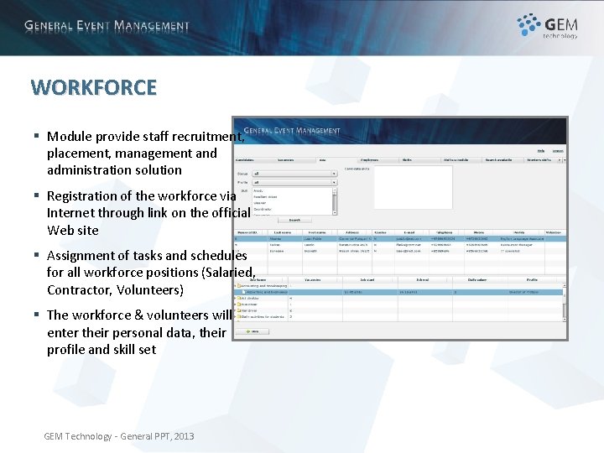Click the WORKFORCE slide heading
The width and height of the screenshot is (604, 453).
(93, 87)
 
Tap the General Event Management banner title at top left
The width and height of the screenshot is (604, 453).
(107, 26)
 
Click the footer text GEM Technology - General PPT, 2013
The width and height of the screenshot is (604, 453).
(118, 436)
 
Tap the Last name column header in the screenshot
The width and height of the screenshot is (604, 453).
(279, 232)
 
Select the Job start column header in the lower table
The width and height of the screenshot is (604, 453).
(367, 280)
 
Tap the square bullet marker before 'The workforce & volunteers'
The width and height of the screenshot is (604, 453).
(37, 315)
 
